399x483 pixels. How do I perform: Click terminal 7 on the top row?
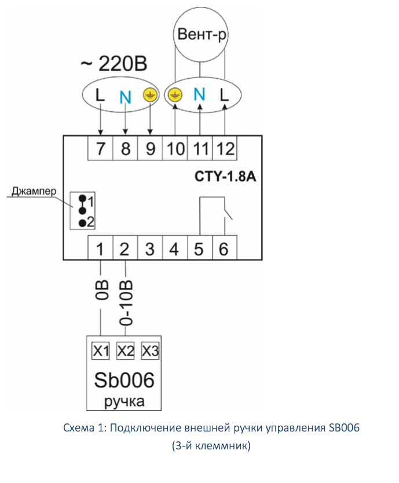click(x=101, y=148)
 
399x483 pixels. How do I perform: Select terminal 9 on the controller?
click(x=151, y=148)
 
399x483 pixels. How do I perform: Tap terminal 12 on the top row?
click(x=225, y=148)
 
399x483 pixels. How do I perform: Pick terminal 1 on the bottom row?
click(x=100, y=249)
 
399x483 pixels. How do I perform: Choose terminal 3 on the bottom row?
click(x=150, y=249)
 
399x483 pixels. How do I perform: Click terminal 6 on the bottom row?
click(x=224, y=249)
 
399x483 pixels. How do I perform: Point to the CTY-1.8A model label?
click(x=224, y=177)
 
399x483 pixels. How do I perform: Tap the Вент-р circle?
click(x=200, y=36)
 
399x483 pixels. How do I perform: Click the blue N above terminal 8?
click(x=125, y=96)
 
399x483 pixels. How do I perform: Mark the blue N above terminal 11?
click(x=199, y=94)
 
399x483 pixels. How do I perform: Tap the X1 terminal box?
click(x=101, y=351)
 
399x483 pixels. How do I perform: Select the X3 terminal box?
click(x=150, y=351)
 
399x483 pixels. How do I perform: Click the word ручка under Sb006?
click(x=124, y=401)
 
